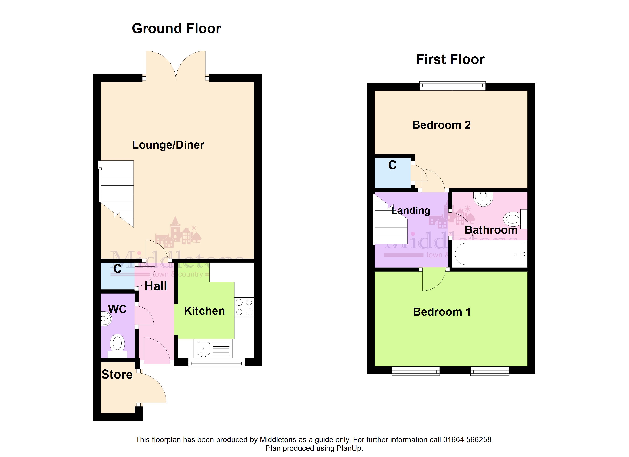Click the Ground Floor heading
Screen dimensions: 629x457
pyautogui.click(x=176, y=29)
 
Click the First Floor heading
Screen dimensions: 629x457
pyautogui.click(x=450, y=59)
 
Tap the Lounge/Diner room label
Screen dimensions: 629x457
pyautogui.click(x=168, y=145)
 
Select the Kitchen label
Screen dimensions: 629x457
pyautogui.click(x=204, y=311)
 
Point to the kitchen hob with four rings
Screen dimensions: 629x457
pyautogui.click(x=244, y=307)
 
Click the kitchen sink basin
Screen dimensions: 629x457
pyautogui.click(x=203, y=349)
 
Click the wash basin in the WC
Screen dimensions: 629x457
pyautogui.click(x=106, y=319)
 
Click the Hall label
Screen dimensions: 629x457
pyautogui.click(x=156, y=286)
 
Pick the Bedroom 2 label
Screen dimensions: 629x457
pyautogui.click(x=441, y=125)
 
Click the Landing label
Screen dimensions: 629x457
pyautogui.click(x=411, y=210)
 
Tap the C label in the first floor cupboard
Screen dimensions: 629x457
pyautogui.click(x=392, y=165)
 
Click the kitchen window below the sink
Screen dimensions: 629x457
pyautogui.click(x=216, y=363)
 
